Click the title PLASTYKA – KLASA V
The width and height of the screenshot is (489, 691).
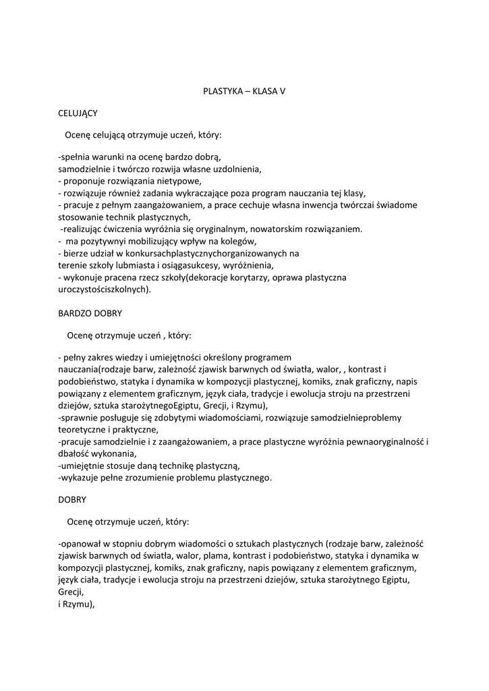click(244, 90)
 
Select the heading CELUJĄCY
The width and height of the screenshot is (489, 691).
click(78, 113)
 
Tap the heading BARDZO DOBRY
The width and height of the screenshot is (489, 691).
click(90, 313)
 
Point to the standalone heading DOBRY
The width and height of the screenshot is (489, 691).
click(72, 500)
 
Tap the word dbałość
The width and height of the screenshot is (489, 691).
click(74, 453)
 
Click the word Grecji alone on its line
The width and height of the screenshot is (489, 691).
click(70, 592)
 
